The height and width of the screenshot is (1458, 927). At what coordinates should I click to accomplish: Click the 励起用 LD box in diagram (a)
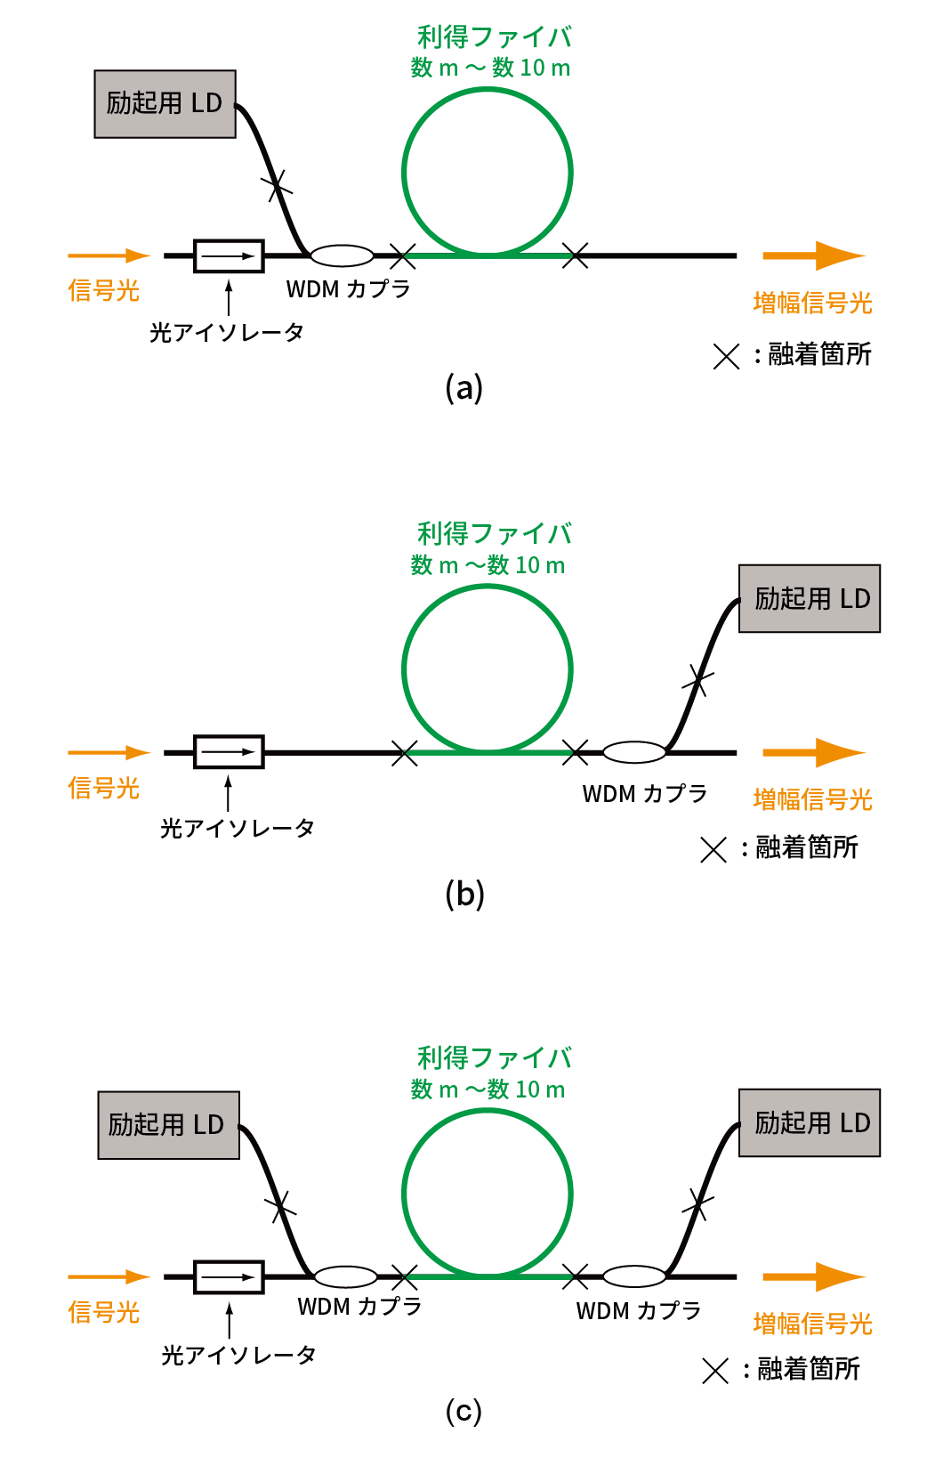coord(165,104)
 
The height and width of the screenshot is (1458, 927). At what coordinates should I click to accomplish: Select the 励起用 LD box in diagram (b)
coord(810,598)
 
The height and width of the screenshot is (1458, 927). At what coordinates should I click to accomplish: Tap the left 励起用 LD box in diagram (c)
coord(168,1125)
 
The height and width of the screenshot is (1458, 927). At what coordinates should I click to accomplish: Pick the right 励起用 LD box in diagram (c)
coord(810,1122)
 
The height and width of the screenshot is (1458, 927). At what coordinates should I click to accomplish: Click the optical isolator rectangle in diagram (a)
coord(229,256)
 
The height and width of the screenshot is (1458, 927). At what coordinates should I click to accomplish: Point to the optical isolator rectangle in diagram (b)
coord(229,752)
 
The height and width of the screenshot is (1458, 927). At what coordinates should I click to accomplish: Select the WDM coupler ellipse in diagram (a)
coord(343,256)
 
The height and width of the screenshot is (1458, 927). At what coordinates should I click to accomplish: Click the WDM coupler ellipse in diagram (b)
coord(634,752)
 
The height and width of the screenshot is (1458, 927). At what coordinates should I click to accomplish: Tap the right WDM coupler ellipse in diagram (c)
coord(634,1276)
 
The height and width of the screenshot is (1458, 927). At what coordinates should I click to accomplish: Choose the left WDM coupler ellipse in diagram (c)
coord(345,1276)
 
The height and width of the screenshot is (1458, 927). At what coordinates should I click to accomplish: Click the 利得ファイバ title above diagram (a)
coord(495,37)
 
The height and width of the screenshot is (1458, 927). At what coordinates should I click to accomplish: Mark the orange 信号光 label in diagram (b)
coord(104,788)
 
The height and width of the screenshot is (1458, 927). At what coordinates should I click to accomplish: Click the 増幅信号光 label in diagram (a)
coord(812,303)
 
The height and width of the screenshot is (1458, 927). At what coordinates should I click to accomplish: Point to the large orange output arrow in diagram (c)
coord(813,1276)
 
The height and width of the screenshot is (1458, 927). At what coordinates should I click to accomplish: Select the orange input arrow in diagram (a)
coord(109,256)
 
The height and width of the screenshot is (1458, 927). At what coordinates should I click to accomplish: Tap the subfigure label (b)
coord(464,894)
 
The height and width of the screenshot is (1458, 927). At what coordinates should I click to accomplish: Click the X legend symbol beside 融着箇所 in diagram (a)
coord(726,356)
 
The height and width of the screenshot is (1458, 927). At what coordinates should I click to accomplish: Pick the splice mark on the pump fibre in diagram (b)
coord(697,682)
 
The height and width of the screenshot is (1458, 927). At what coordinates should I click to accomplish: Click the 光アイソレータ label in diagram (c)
coord(238,1355)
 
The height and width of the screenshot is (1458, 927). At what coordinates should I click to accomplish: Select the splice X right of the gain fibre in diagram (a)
coord(576,256)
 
